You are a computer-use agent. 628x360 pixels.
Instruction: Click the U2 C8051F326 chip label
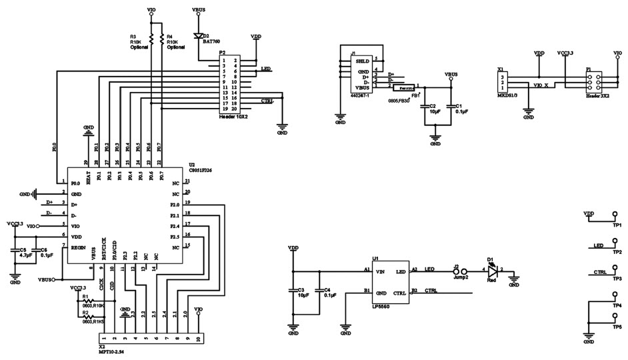coord(200,170)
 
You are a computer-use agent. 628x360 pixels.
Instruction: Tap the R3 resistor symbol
coord(151,39)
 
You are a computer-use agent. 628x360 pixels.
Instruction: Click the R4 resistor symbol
coord(162,39)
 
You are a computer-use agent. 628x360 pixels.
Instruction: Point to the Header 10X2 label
coord(233,117)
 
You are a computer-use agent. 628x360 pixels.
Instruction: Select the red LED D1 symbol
coord(493,272)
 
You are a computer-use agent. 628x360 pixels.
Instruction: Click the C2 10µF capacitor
coord(425,107)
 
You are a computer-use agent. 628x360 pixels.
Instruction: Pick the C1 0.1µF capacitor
coord(451,107)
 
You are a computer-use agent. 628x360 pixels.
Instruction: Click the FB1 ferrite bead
coord(403,87)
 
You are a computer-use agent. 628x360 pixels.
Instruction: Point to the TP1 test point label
coord(617,225)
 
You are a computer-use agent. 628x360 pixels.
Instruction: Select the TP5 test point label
coord(617,327)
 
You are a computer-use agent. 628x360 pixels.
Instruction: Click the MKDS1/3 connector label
coord(507,95)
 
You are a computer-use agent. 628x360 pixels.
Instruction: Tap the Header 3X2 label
coord(595,96)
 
